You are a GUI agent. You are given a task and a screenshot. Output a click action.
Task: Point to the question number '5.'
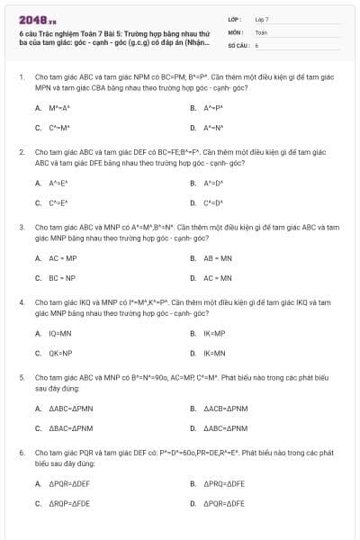pos(22,378)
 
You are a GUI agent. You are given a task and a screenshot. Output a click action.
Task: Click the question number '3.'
pos(22,228)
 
